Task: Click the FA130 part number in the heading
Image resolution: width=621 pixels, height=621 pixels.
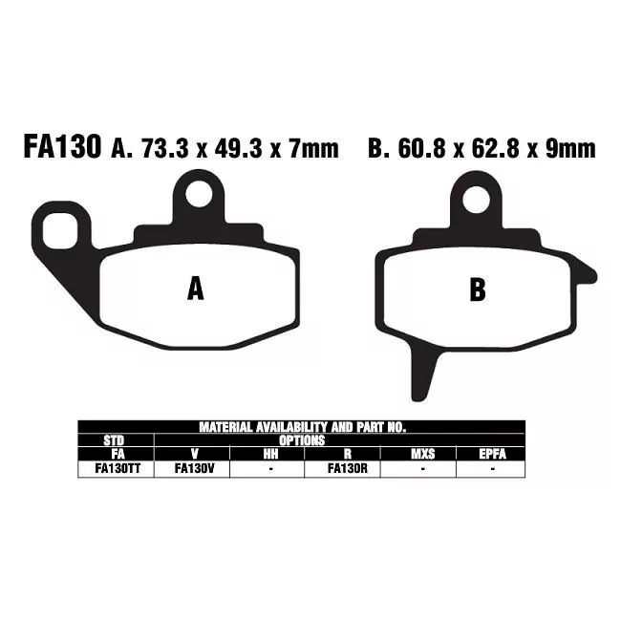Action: [60, 148]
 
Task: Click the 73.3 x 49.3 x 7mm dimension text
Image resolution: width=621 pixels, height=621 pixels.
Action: [238, 149]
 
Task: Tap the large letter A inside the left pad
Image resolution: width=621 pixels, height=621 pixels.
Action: [195, 288]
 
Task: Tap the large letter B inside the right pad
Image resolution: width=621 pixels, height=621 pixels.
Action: [478, 290]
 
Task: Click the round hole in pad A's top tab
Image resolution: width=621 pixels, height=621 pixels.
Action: [198, 195]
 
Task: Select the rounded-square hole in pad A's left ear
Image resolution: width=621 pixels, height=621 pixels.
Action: [59, 230]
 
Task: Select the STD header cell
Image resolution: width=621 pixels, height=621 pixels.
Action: [116, 440]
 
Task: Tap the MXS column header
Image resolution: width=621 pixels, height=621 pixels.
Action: [421, 455]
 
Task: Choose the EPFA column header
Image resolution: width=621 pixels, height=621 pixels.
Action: [492, 455]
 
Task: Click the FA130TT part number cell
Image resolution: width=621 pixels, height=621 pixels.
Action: [116, 469]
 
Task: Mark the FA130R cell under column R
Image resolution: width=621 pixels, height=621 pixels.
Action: [343, 469]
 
